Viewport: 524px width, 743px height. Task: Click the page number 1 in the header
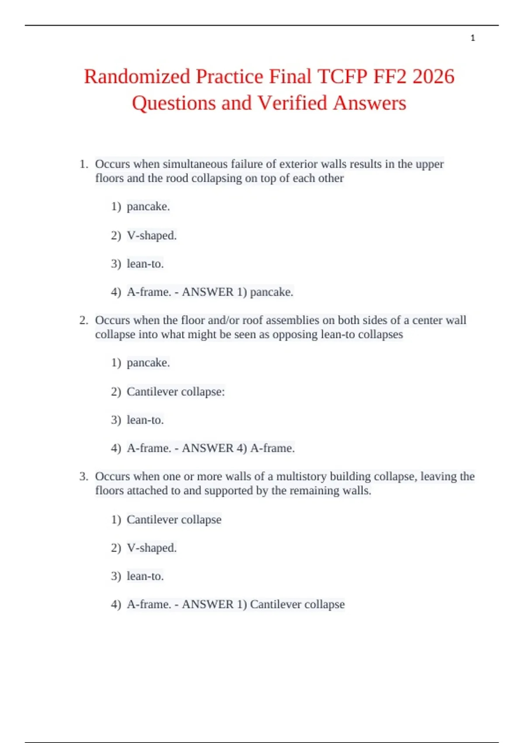pyautogui.click(x=472, y=38)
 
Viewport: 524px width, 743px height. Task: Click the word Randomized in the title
pyautogui.click(x=137, y=77)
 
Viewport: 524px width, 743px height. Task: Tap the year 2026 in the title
pyautogui.click(x=433, y=77)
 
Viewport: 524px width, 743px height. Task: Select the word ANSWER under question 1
pyautogui.click(x=207, y=292)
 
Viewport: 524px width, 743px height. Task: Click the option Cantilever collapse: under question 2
pyautogui.click(x=175, y=392)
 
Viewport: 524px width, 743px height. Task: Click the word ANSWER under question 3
pyautogui.click(x=207, y=604)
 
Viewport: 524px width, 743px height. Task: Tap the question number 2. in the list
pyautogui.click(x=84, y=320)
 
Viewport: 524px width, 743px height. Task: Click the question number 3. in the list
pyautogui.click(x=84, y=476)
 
